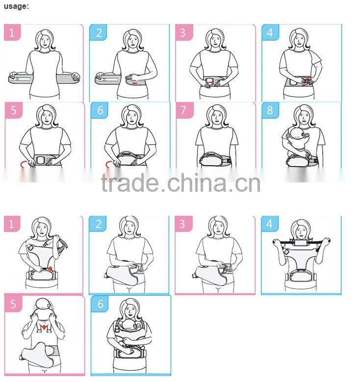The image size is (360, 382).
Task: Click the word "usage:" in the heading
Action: [16, 6]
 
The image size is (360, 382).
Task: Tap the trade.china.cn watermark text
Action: [180, 182]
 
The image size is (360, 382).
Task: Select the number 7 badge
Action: [184, 110]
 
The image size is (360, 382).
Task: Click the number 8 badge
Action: [269, 110]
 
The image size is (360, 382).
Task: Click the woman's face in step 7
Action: [216, 117]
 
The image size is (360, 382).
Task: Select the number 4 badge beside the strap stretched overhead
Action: [269, 224]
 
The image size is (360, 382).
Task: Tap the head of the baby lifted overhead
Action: [44, 306]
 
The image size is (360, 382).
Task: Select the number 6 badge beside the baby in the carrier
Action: [100, 304]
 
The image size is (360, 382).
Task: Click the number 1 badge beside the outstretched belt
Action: [12, 33]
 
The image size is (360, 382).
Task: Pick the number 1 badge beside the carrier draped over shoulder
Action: [12, 224]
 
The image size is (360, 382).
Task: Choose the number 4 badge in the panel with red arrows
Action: [269, 33]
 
